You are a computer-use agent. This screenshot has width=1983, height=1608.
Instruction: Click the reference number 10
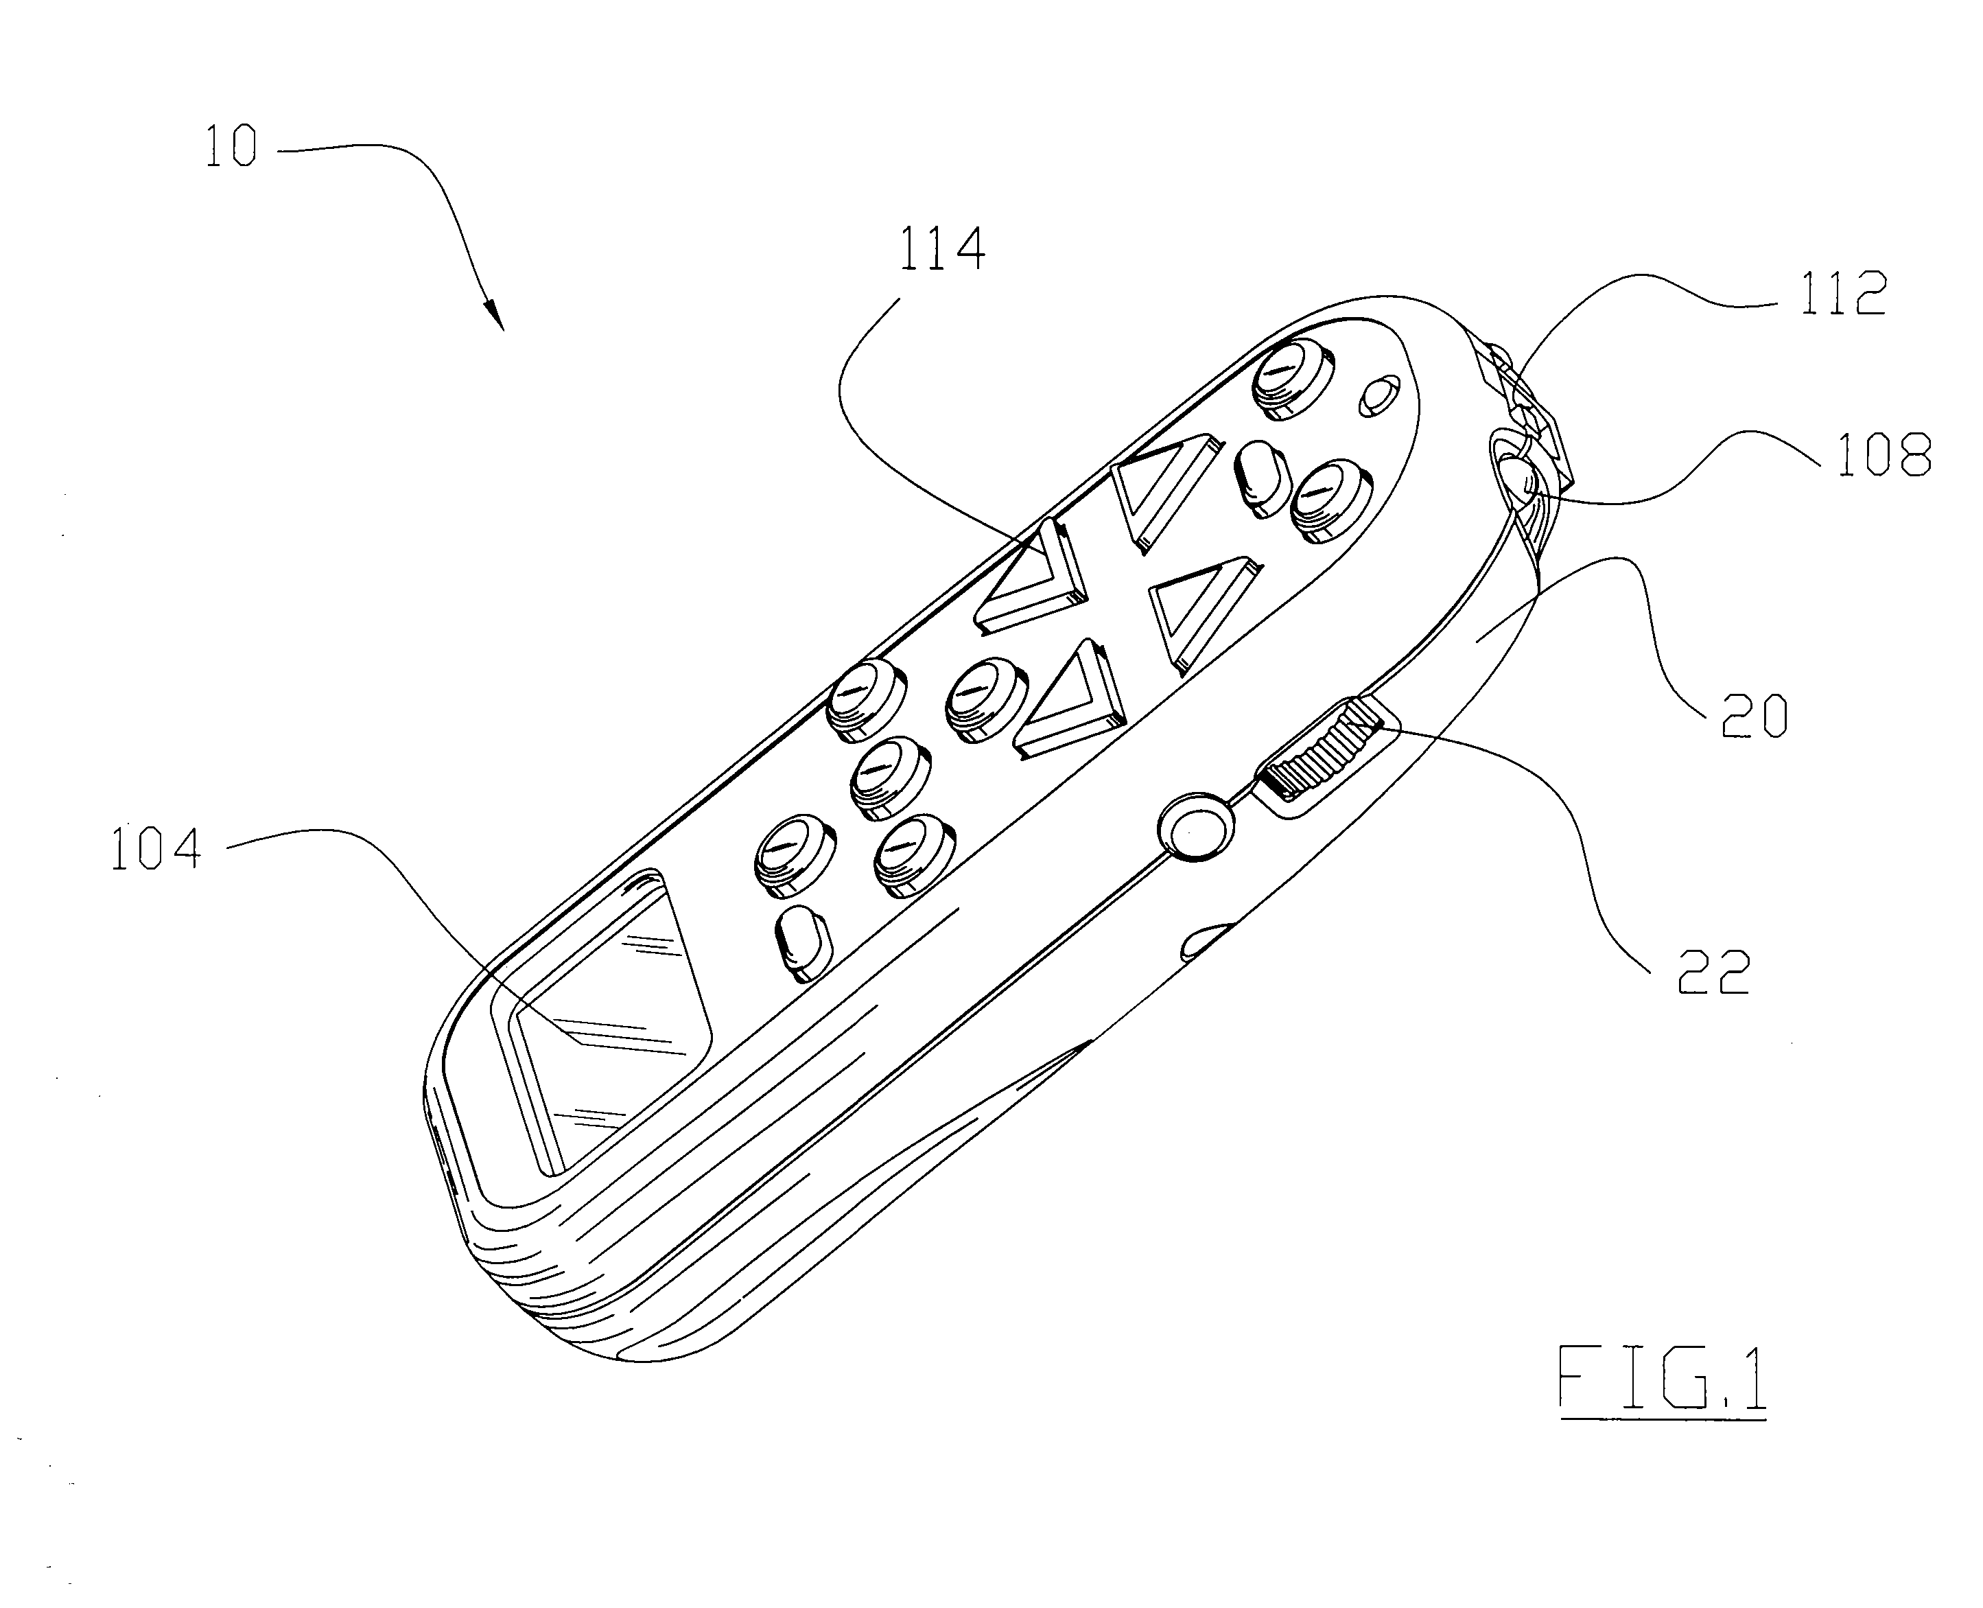click(231, 148)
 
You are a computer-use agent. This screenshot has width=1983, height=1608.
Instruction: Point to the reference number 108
click(1883, 456)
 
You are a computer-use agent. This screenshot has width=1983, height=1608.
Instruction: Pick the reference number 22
click(1713, 972)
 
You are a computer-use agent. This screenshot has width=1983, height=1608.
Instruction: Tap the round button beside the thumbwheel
click(1196, 826)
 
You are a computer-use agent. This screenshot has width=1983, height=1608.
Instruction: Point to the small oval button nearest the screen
click(802, 942)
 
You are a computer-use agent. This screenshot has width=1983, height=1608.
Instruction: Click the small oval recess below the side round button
click(1205, 940)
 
